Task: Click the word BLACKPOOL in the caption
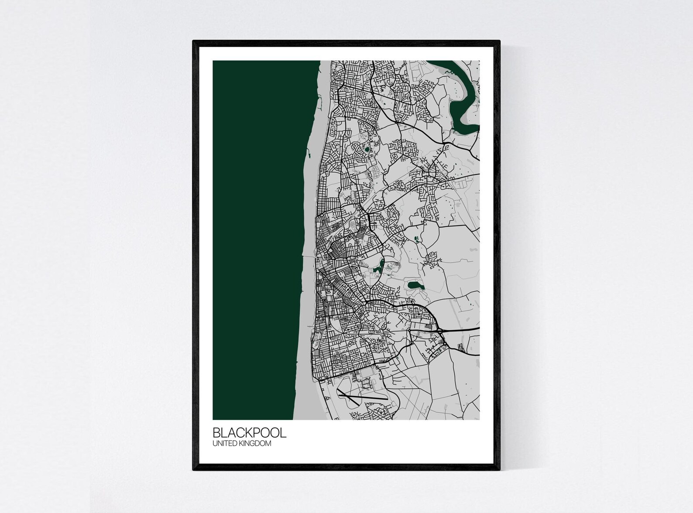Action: pos(249,433)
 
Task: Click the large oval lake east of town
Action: pos(415,286)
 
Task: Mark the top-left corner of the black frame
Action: pos(193,41)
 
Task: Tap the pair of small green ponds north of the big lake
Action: pos(416,238)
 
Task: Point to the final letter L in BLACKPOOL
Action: pos(284,433)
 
